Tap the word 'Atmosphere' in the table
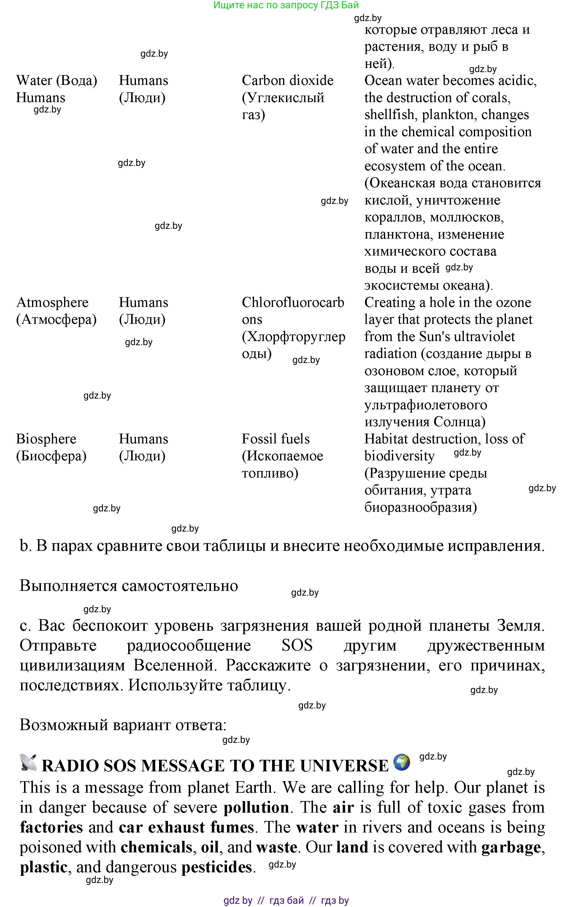point(52,302)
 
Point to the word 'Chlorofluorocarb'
point(293,302)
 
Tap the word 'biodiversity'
point(399,456)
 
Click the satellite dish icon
point(28,763)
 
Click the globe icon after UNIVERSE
point(401,762)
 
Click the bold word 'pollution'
point(256,807)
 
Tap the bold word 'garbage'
point(511,847)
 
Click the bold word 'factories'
point(51,827)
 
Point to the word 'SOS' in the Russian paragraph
point(297,645)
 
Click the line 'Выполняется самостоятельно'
point(129,586)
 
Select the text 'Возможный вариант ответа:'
point(123,725)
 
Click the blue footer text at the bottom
point(286,900)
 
